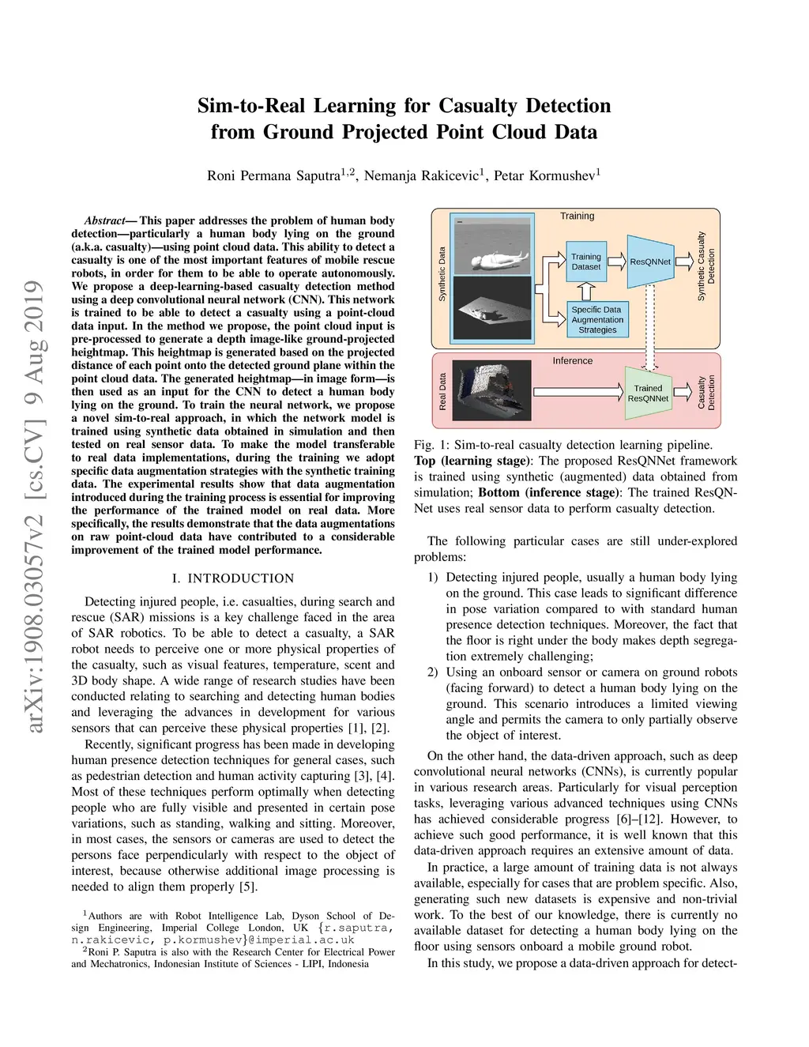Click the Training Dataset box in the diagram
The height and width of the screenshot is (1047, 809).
click(586, 262)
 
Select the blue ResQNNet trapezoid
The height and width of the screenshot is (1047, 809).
click(650, 262)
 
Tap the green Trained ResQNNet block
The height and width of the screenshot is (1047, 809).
click(648, 393)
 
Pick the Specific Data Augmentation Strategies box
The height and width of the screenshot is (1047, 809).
click(597, 320)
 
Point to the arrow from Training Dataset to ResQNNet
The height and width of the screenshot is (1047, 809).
click(617, 262)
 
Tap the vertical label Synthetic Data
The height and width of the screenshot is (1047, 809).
click(442, 274)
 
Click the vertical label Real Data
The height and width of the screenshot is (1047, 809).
click(442, 391)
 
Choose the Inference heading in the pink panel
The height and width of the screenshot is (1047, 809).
click(572, 360)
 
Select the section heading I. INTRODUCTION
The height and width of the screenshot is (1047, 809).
click(233, 578)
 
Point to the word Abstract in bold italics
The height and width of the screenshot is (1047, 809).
click(105, 220)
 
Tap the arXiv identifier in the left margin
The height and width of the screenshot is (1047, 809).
click(33, 506)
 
